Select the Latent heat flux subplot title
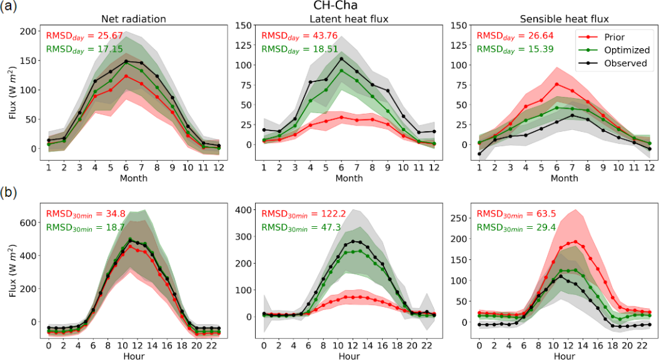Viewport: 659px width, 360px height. pyautogui.click(x=350, y=19)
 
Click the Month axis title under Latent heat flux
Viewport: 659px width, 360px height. pyautogui.click(x=349, y=178)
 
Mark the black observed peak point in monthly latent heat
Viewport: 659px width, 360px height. pyautogui.click(x=341, y=59)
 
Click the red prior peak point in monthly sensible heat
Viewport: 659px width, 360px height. pyautogui.click(x=556, y=84)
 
